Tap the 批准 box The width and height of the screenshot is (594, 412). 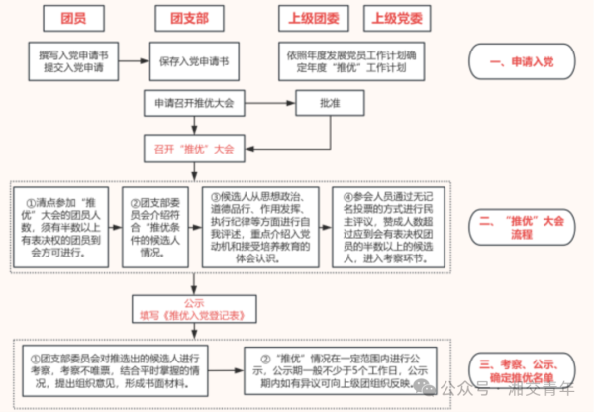[x=329, y=102]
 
